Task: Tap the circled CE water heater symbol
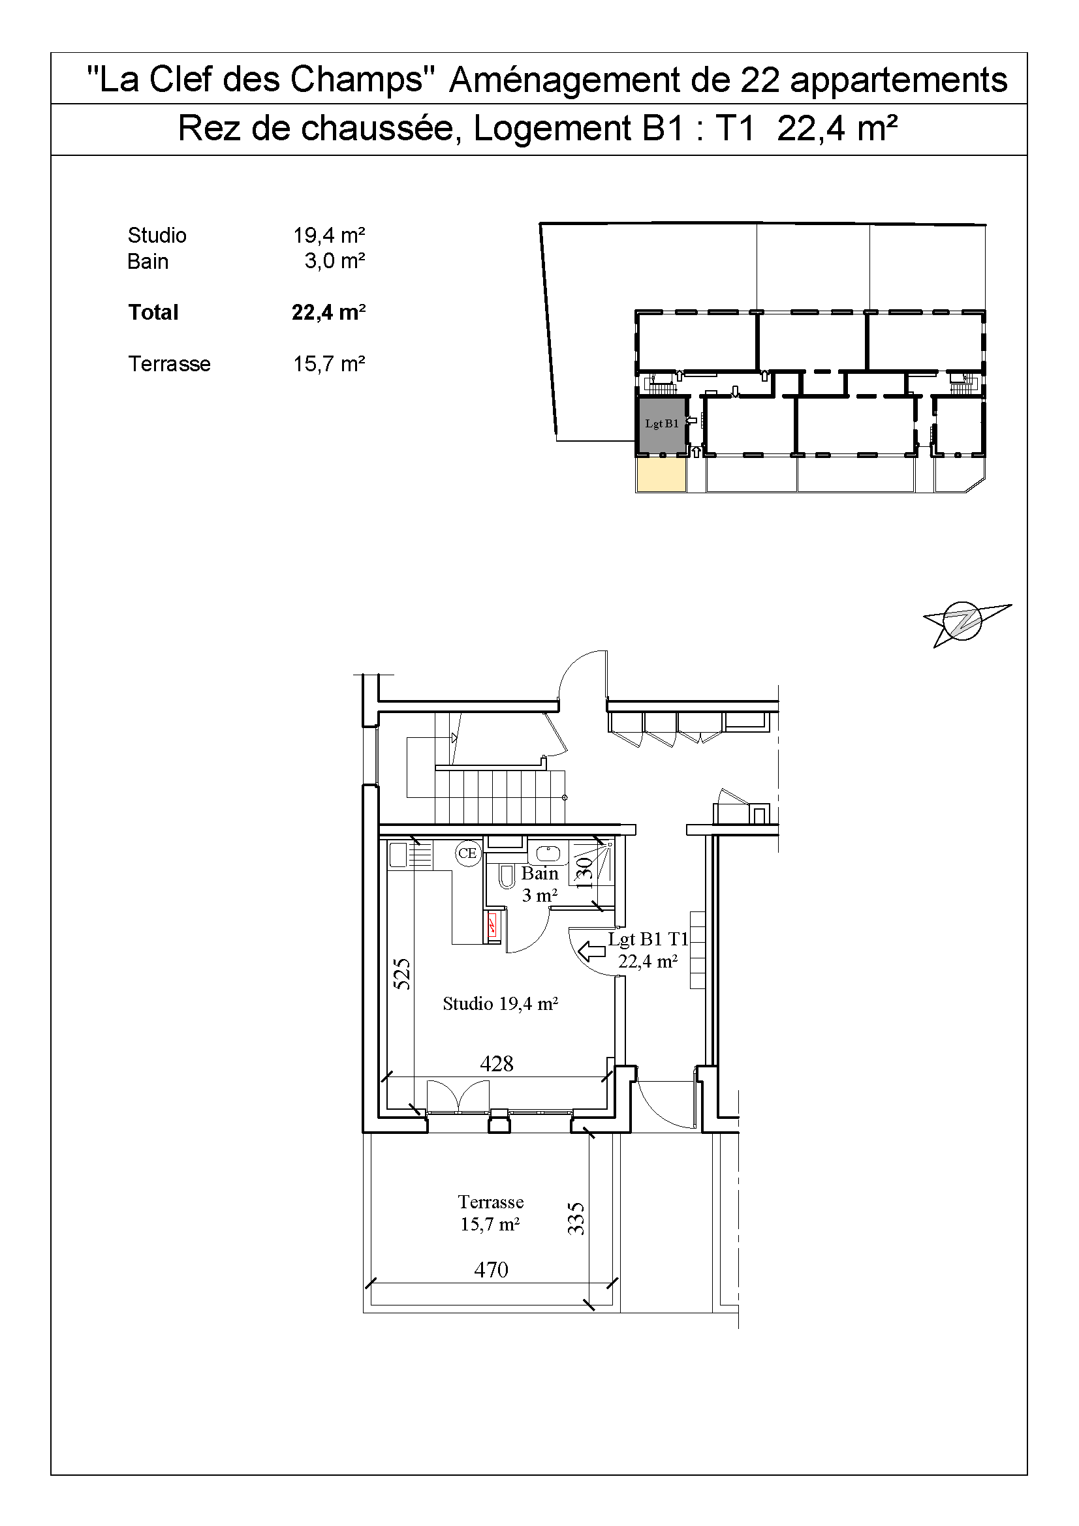[467, 853]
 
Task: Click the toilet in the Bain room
[507, 877]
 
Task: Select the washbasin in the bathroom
[548, 853]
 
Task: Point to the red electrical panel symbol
[493, 924]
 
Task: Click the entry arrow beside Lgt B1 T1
[591, 952]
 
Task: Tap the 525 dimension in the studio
[402, 973]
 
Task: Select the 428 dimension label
[497, 1063]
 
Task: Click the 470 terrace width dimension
[491, 1270]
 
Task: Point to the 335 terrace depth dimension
[576, 1218]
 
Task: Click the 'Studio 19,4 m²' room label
[500, 1003]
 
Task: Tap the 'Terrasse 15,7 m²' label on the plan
[490, 1212]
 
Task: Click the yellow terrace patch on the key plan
[661, 474]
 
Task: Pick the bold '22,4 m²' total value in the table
[328, 312]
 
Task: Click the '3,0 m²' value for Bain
[334, 260]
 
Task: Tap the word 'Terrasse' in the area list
[169, 363]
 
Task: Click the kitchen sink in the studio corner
[398, 855]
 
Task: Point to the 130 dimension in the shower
[584, 873]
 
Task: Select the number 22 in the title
[760, 80]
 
